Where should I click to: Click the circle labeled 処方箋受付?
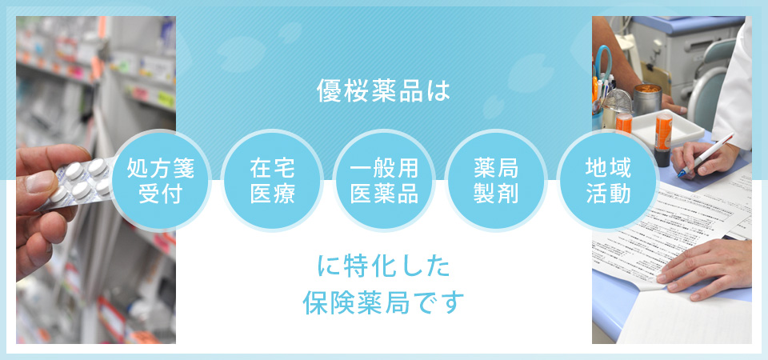(x=161, y=180)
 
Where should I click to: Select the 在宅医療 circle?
(x=272, y=180)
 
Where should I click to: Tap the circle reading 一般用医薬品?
(x=384, y=180)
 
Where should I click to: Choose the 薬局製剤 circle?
(x=496, y=180)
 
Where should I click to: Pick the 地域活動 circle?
(x=608, y=180)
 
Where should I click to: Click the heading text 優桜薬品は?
(x=383, y=91)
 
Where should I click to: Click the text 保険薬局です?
(x=383, y=303)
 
